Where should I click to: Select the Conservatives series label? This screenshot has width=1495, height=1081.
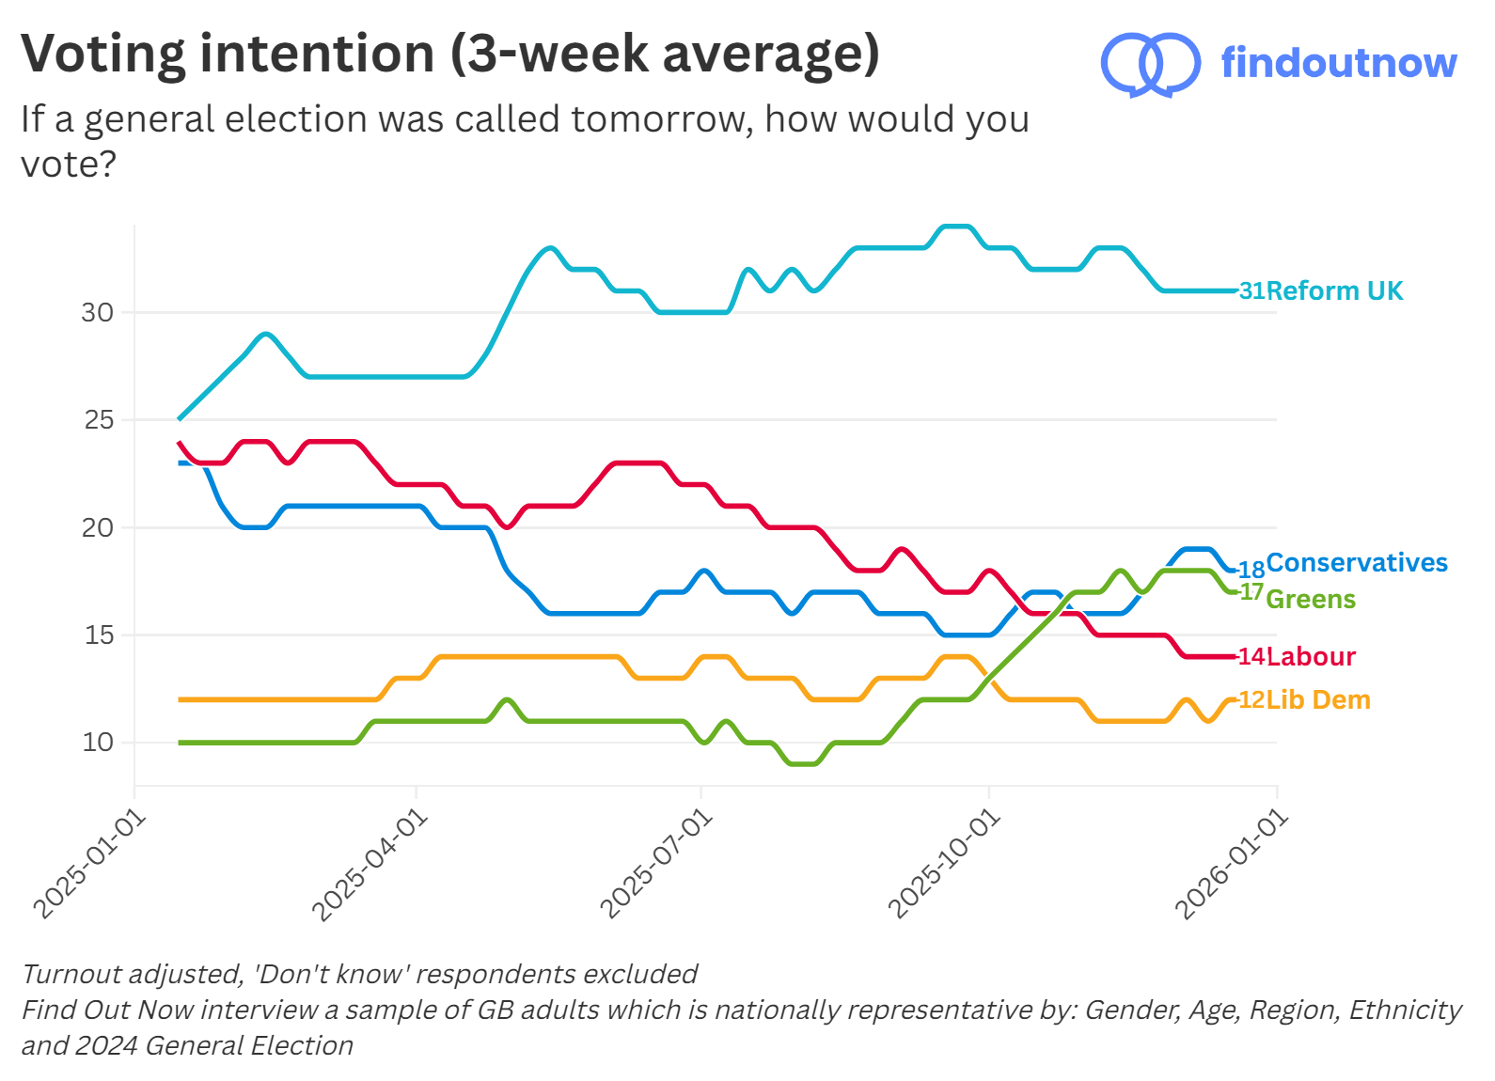click(1356, 562)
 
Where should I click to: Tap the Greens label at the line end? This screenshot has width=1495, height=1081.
click(1310, 599)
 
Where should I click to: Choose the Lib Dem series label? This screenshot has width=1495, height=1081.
click(1317, 699)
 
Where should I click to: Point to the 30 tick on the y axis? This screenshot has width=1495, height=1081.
click(97, 312)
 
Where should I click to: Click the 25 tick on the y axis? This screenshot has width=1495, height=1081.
click(98, 419)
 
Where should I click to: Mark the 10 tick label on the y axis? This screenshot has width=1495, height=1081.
click(97, 743)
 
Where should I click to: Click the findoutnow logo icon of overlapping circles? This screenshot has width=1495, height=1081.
click(1149, 64)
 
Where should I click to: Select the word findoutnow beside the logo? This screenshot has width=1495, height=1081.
click(1338, 63)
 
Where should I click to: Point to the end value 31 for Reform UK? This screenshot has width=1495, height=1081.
click(1251, 290)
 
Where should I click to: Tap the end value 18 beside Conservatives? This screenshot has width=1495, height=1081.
click(1251, 570)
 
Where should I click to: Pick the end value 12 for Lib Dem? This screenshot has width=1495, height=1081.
click(1251, 699)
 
